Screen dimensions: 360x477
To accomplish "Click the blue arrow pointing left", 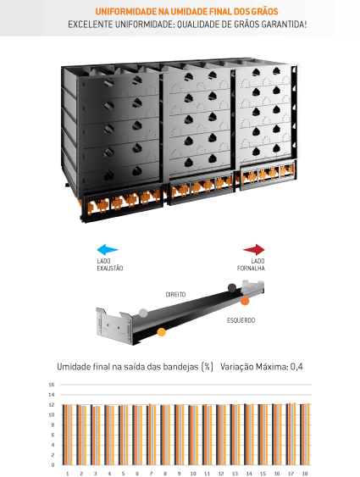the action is click(x=108, y=249).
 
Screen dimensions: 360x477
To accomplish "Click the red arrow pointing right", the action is click(x=254, y=249).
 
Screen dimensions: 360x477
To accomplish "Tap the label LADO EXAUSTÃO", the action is click(x=110, y=264).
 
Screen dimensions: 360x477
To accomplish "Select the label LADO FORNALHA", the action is click(x=251, y=264).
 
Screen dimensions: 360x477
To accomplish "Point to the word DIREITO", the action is click(x=175, y=295).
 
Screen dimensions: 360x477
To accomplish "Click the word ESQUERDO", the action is click(x=241, y=320).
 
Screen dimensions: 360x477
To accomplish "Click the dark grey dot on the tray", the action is click(x=232, y=288).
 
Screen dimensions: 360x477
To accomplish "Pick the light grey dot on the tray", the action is click(x=143, y=313).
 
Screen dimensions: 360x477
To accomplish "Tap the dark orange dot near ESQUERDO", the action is click(x=245, y=301).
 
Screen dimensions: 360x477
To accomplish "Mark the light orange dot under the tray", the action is click(x=162, y=332).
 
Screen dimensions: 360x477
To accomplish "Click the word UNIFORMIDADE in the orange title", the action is click(x=125, y=12).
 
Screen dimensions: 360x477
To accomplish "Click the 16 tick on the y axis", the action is click(x=52, y=385).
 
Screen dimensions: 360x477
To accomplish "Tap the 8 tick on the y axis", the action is click(x=53, y=425).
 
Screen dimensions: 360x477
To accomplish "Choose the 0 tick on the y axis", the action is click(x=53, y=465).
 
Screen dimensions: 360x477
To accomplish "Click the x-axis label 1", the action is click(x=67, y=474).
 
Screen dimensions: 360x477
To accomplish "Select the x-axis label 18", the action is click(x=305, y=474).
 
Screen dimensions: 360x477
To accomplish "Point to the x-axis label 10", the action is click(x=193, y=474).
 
